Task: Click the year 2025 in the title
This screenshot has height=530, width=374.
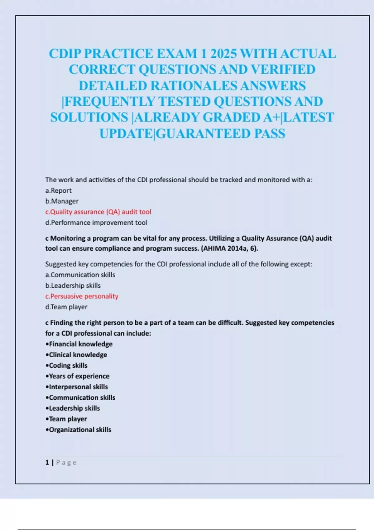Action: pyautogui.click(x=224, y=54)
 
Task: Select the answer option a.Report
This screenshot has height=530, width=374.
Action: pyautogui.click(x=58, y=190)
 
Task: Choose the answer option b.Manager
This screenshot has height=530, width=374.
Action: pyautogui.click(x=62, y=201)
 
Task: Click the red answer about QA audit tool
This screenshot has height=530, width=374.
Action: pyautogui.click(x=98, y=212)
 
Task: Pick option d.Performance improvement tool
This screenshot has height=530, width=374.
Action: pyautogui.click(x=96, y=223)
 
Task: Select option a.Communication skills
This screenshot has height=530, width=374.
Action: pyautogui.click(x=80, y=275)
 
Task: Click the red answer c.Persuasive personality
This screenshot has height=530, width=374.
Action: pyautogui.click(x=82, y=296)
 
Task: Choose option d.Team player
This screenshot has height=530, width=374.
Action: pyautogui.click(x=66, y=307)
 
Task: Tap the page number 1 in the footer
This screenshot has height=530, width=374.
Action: pyautogui.click(x=47, y=462)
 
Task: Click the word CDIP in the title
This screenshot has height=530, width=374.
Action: pyautogui.click(x=65, y=54)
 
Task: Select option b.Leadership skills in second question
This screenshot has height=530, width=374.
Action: pyautogui.click(x=73, y=286)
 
